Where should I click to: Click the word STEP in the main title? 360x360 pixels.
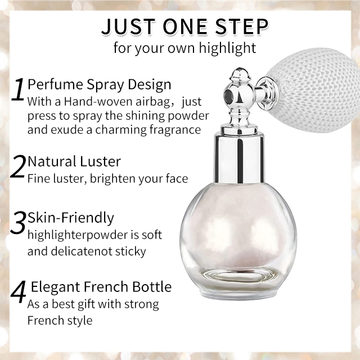pyautogui.click(x=241, y=26)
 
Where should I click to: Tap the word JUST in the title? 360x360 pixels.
pyautogui.click(x=128, y=26)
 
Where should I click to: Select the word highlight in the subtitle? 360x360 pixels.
pyautogui.click(x=227, y=49)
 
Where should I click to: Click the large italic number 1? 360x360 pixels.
pyautogui.click(x=18, y=89)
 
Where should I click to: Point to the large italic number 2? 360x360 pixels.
pyautogui.click(x=18, y=166)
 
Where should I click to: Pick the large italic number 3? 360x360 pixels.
pyautogui.click(x=17, y=222)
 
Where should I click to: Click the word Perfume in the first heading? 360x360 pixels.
pyautogui.click(x=55, y=84)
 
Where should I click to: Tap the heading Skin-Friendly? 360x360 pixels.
pyautogui.click(x=71, y=218)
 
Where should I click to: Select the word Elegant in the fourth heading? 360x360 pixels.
pyautogui.click(x=55, y=287)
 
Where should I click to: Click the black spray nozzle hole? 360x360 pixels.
pyautogui.click(x=228, y=94)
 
